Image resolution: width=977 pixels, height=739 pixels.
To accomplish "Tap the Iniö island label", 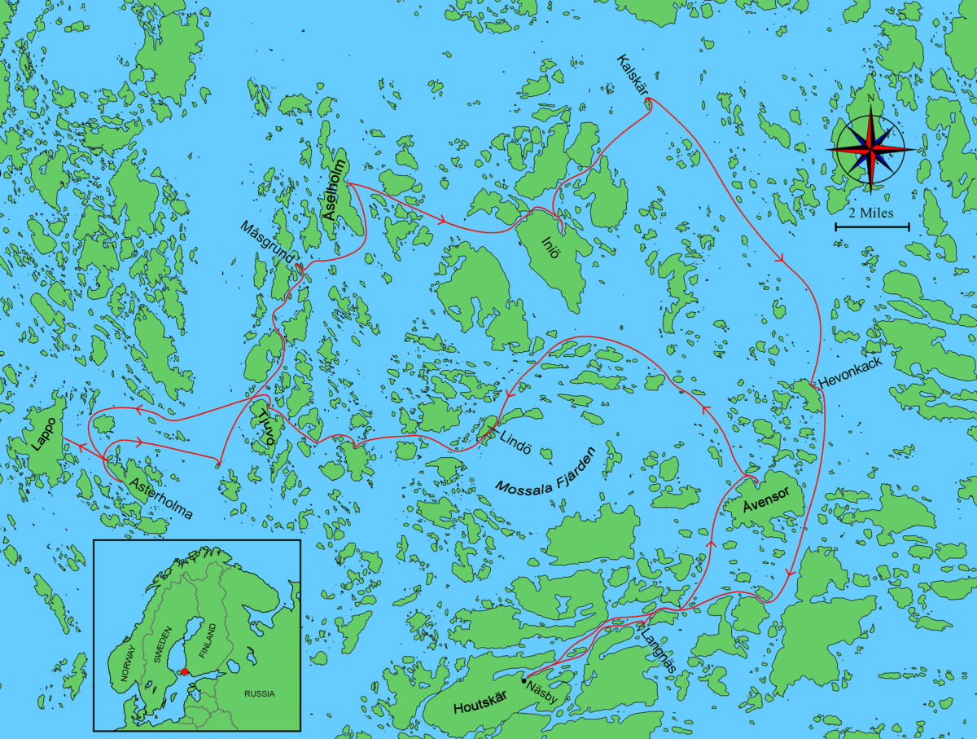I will pos(551,246).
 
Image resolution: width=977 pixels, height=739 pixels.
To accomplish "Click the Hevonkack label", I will pos(848,380).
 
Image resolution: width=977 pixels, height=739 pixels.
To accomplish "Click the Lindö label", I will pos(515,434).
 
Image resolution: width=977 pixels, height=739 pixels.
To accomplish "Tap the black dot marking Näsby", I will pos(523,680).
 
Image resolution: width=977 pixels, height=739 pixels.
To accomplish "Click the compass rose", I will pos(870,150).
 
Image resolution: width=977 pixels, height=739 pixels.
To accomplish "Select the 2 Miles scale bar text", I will pos(871,213).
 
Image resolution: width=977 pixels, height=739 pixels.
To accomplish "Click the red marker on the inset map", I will pos(185,671).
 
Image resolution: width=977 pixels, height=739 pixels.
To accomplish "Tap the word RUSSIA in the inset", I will pos(259,694).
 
